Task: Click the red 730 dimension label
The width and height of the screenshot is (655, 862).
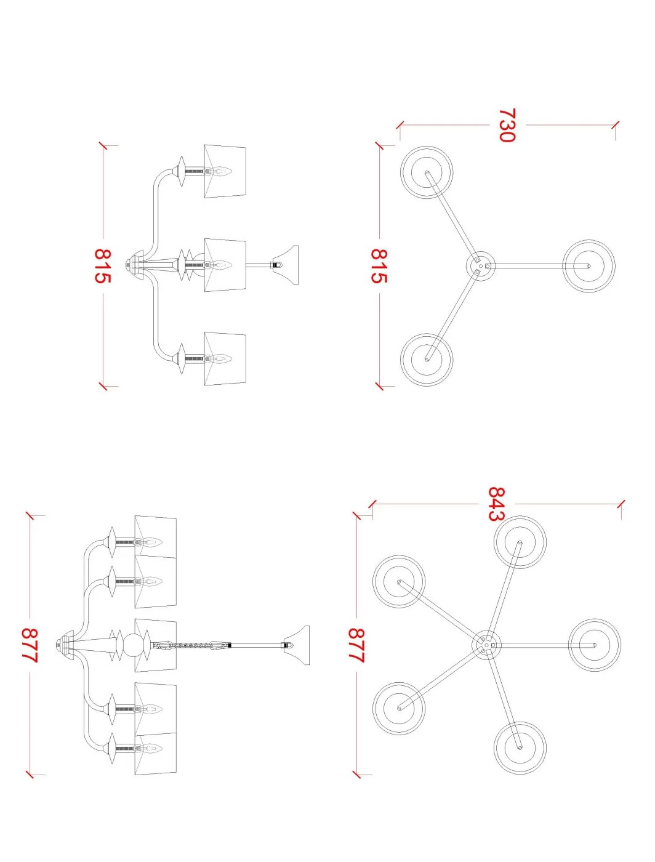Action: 507,125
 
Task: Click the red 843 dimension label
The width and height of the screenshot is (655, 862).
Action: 496,504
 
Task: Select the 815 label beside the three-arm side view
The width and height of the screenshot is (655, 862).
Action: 103,266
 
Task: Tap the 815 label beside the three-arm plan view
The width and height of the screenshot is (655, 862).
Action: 379,266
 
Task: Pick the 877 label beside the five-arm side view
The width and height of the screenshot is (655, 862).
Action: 30,646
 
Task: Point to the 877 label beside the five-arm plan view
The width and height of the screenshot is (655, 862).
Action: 356,646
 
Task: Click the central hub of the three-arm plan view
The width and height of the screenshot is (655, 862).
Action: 481,266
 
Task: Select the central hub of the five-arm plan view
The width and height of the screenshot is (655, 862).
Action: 487,645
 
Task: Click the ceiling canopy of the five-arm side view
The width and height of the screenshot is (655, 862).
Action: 65,645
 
